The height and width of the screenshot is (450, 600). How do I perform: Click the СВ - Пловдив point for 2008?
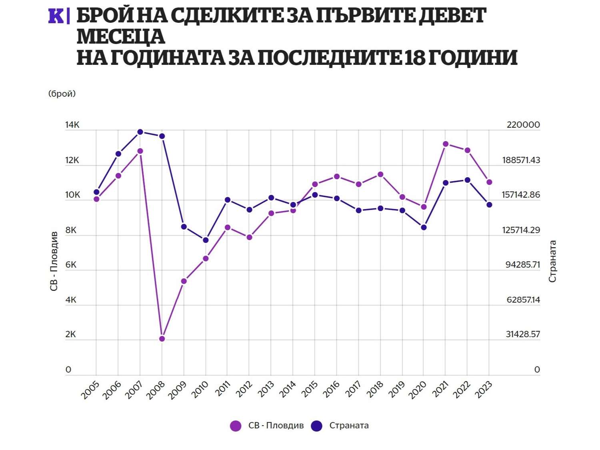[162, 339]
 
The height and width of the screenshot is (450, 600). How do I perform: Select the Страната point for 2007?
[140, 132]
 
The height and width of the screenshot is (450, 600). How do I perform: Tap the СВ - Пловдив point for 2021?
[446, 144]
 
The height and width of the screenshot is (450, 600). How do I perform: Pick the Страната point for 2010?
[206, 240]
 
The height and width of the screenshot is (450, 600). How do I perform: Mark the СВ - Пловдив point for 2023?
[489, 182]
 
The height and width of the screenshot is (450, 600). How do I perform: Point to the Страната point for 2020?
[424, 228]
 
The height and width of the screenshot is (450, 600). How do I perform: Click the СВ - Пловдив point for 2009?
[184, 281]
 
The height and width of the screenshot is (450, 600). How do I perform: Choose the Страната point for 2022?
[467, 180]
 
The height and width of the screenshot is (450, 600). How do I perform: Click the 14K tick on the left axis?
[72, 125]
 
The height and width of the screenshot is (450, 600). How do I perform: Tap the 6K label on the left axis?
[71, 265]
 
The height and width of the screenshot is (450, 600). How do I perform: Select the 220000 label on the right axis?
[523, 125]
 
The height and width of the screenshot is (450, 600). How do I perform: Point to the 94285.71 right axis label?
[523, 265]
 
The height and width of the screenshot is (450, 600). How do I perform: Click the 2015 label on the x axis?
[310, 389]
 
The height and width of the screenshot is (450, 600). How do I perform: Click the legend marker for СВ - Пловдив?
[236, 426]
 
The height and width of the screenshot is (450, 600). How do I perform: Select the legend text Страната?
[349, 426]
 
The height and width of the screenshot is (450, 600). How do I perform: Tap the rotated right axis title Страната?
[552, 261]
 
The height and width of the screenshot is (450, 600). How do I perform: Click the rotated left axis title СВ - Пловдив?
[54, 261]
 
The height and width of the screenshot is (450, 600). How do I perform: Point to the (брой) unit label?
[62, 94]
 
